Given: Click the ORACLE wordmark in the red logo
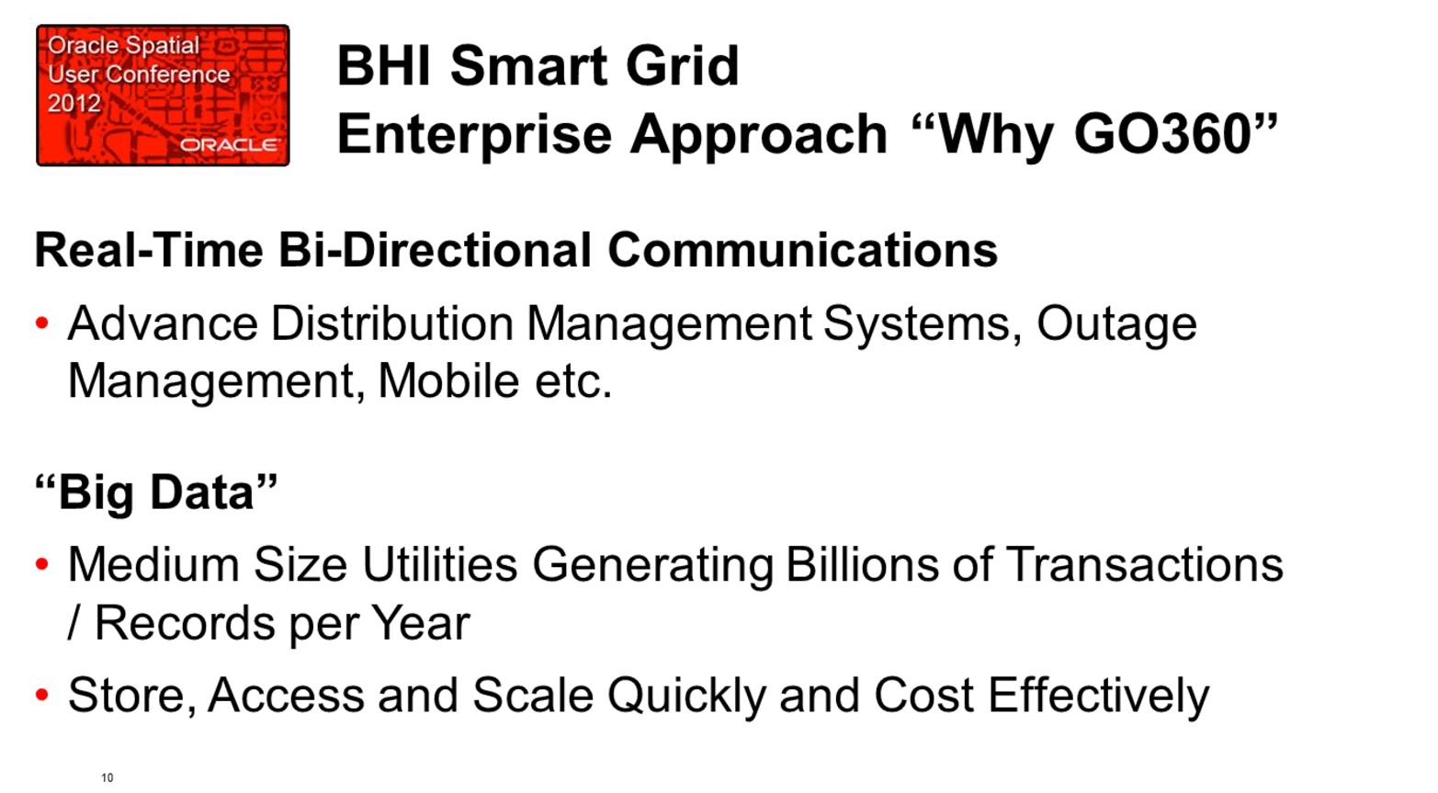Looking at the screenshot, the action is click(x=230, y=145).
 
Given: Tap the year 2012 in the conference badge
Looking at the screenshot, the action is click(x=74, y=104).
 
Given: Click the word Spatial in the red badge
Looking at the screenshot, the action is click(x=163, y=46).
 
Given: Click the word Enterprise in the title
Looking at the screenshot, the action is click(x=474, y=136).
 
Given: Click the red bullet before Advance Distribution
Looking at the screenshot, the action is click(x=42, y=323).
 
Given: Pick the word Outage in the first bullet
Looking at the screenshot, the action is click(x=1116, y=325).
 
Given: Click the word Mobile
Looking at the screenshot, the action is click(x=448, y=380).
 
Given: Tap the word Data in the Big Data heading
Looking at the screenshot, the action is click(x=202, y=492).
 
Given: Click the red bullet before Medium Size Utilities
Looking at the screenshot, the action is click(x=42, y=564).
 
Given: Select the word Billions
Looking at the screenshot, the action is click(x=862, y=564).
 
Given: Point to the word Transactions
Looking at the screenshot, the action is click(x=1144, y=564).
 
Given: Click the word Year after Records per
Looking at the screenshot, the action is click(x=421, y=623).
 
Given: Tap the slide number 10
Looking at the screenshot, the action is click(x=108, y=777).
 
